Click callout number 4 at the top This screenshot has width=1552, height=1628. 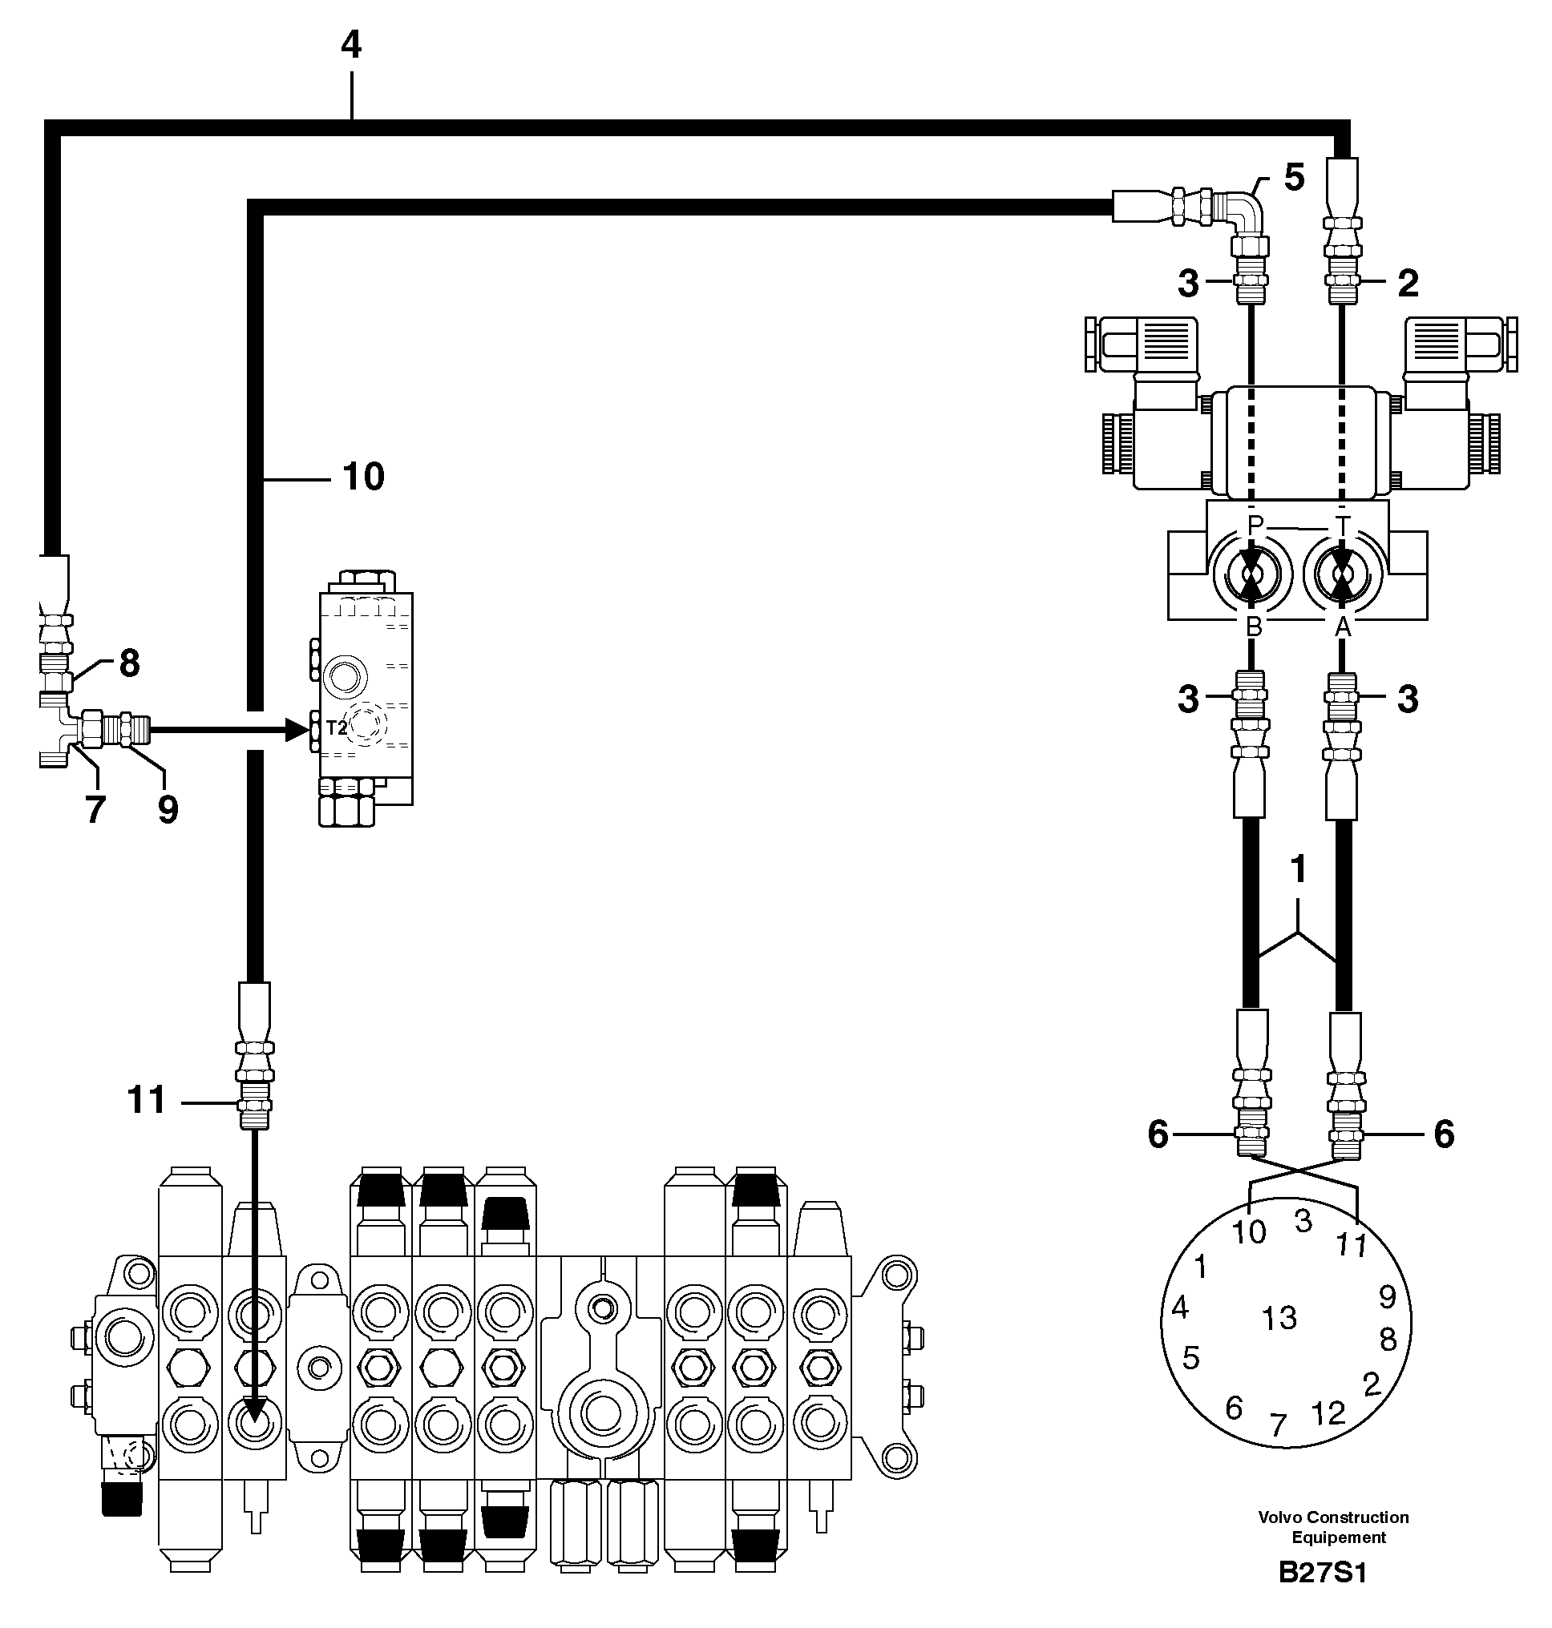pyautogui.click(x=352, y=45)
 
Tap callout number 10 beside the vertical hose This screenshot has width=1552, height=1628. pyautogui.click(x=363, y=477)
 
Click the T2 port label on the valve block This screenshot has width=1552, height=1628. pyautogui.click(x=336, y=727)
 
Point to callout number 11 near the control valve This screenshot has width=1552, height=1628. pyautogui.click(x=147, y=1100)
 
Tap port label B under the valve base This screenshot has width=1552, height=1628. pyautogui.click(x=1253, y=627)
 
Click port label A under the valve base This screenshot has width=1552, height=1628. pyautogui.click(x=1343, y=627)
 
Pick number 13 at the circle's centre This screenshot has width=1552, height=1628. pyautogui.click(x=1279, y=1318)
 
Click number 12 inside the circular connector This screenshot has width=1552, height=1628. pyautogui.click(x=1328, y=1413)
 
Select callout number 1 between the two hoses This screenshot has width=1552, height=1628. pyautogui.click(x=1298, y=870)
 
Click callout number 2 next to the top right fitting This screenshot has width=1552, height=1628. pyautogui.click(x=1407, y=284)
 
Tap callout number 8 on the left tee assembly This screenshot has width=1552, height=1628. pyautogui.click(x=130, y=663)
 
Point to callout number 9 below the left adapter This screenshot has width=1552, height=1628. pyautogui.click(x=168, y=809)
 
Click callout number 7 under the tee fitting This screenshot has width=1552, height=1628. pyautogui.click(x=95, y=809)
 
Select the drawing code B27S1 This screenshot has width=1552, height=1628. pyautogui.click(x=1322, y=1572)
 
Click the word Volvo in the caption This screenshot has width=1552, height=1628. pyautogui.click(x=1279, y=1517)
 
